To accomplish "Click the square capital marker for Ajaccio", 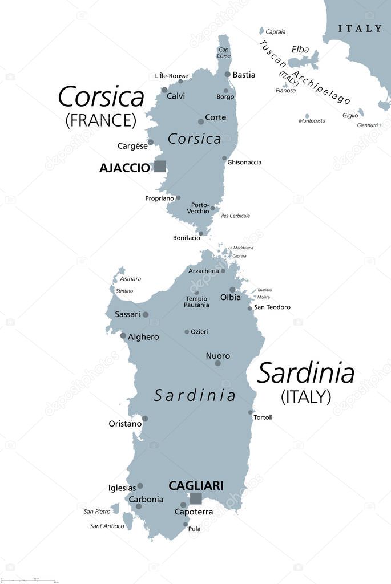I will click(160, 166).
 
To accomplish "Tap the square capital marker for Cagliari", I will click(196, 498).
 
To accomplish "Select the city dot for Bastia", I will click(228, 74).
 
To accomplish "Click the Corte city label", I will click(215, 117).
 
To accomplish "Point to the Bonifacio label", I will click(186, 238).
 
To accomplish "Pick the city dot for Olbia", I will click(232, 290).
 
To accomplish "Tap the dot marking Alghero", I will click(123, 335).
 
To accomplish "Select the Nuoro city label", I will click(218, 356).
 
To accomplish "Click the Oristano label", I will click(125, 424).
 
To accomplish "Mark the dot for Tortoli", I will click(251, 412).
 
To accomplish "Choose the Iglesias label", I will click(122, 488).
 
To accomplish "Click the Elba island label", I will click(300, 50).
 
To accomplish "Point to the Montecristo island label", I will click(312, 121).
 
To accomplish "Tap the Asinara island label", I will click(130, 279).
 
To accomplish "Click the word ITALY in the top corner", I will click(360, 28).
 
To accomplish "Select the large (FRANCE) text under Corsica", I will click(101, 120).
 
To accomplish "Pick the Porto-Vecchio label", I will click(200, 208).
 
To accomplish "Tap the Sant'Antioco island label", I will click(107, 526).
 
